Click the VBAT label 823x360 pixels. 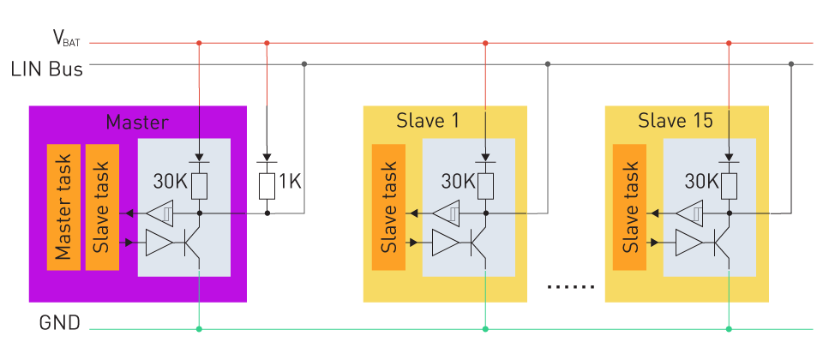67,38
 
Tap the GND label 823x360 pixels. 60,324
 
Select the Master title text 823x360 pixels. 137,122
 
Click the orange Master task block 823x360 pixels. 63,207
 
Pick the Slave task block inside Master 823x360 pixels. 102,207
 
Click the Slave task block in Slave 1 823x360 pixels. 387,207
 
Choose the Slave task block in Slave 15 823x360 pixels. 630,207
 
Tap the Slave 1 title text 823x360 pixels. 426,121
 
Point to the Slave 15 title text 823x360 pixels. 675,121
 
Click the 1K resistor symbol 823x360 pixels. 267,183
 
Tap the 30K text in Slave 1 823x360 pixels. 458,182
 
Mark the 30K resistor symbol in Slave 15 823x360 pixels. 729,183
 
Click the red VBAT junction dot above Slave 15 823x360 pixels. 729,43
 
